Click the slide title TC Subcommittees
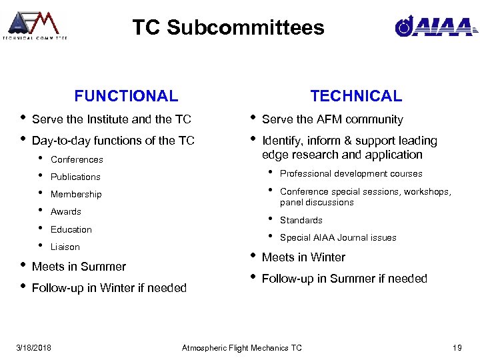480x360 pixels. click(228, 27)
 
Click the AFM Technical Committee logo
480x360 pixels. click(35, 25)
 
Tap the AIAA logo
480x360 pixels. click(435, 26)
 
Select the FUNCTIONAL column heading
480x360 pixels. click(126, 96)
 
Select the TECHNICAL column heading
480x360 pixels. click(356, 96)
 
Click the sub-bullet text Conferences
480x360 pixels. click(77, 159)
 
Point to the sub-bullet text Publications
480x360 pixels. click(75, 177)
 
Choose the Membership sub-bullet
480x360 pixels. click(76, 194)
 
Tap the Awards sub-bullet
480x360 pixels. click(66, 211)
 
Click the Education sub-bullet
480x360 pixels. click(71, 229)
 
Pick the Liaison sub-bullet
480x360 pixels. click(65, 247)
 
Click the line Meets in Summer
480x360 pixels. click(79, 267)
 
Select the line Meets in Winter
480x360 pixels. click(303, 257)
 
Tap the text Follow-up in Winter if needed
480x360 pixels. click(109, 288)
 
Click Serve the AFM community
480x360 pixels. click(332, 119)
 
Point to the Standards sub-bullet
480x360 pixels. click(301, 220)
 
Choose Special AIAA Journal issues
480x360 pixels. click(338, 237)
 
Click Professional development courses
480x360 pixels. click(351, 173)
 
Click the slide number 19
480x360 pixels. click(457, 347)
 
